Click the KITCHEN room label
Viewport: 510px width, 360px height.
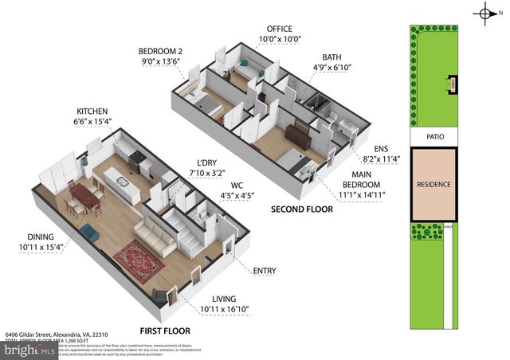(x=92, y=111)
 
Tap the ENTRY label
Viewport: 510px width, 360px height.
(x=264, y=271)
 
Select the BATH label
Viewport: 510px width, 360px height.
(x=332, y=57)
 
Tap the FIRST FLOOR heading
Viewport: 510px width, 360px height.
(x=164, y=330)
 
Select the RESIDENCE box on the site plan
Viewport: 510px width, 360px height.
(x=434, y=185)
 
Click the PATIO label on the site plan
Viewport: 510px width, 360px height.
(x=434, y=137)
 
